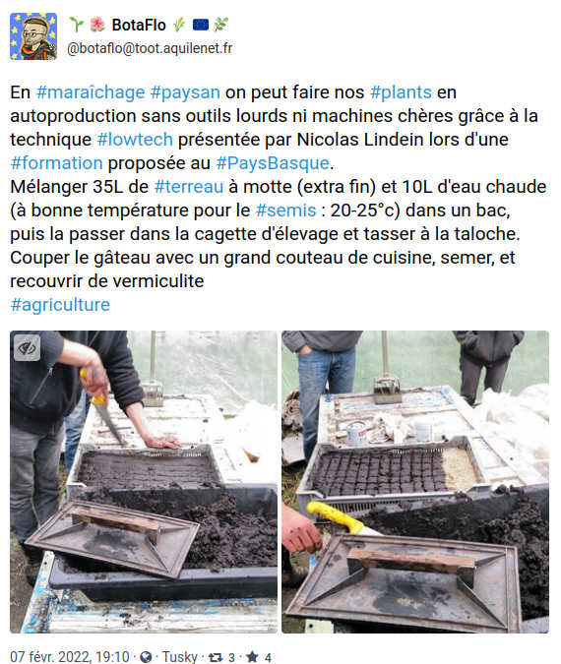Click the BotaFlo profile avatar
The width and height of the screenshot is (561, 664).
pos(33,36)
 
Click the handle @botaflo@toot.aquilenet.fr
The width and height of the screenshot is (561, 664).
pos(150,48)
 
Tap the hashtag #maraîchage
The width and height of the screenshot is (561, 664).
pos(91,92)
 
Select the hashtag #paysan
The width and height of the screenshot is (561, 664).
pos(185,92)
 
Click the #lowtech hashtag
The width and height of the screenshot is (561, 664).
pos(135,140)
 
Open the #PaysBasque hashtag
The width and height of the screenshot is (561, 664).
pos(273,163)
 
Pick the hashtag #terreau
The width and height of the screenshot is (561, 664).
pos(189,187)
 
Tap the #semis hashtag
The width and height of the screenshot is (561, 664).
pos(286,211)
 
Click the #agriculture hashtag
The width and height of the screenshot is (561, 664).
pos(60,305)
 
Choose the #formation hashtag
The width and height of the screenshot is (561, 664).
pos(56,163)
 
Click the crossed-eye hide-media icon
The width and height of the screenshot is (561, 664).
pos(28,348)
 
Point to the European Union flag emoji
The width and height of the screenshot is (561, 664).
pos(201,25)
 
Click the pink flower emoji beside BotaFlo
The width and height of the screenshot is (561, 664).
pos(97,25)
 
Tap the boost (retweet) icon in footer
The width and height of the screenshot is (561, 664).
pos(216,657)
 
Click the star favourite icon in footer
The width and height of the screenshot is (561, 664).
pos(252,656)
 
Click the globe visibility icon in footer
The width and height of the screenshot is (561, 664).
pos(146,657)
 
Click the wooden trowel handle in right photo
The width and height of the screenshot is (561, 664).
pos(410,559)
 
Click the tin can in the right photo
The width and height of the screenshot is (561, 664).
pos(356,433)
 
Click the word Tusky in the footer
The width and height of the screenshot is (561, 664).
pos(180,657)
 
